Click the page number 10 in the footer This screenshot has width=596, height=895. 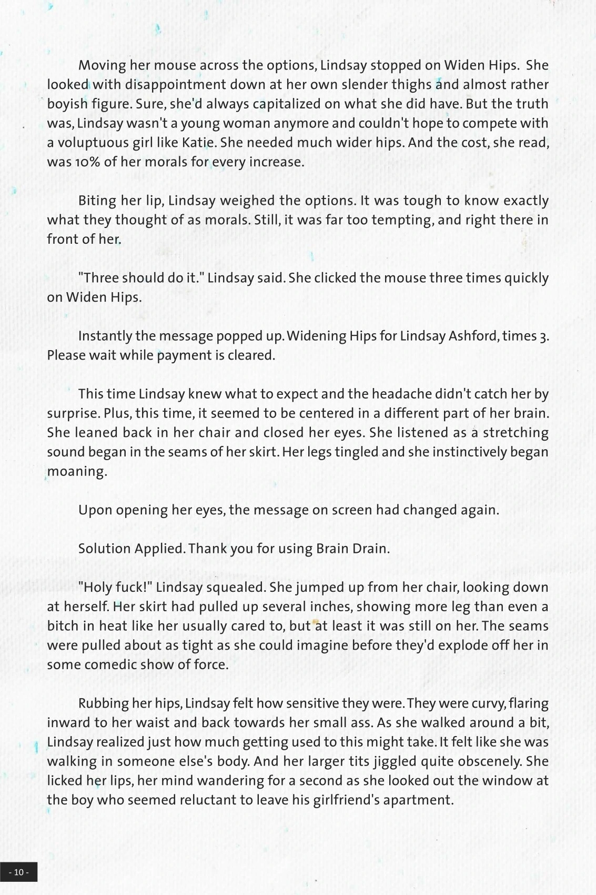(19, 872)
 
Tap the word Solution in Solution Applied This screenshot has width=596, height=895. (104, 549)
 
